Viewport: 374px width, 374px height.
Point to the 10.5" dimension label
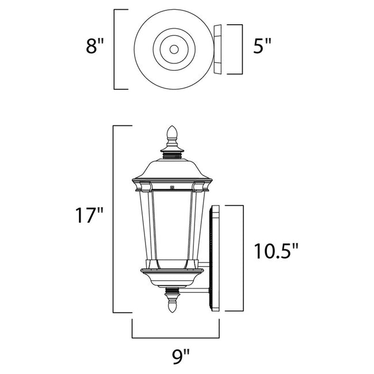[277, 251]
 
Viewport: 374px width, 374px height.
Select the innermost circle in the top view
[172, 49]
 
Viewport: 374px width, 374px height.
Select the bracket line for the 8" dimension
[115, 49]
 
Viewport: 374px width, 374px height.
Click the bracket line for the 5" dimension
[239, 49]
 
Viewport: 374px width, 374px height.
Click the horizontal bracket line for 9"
[176, 337]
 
